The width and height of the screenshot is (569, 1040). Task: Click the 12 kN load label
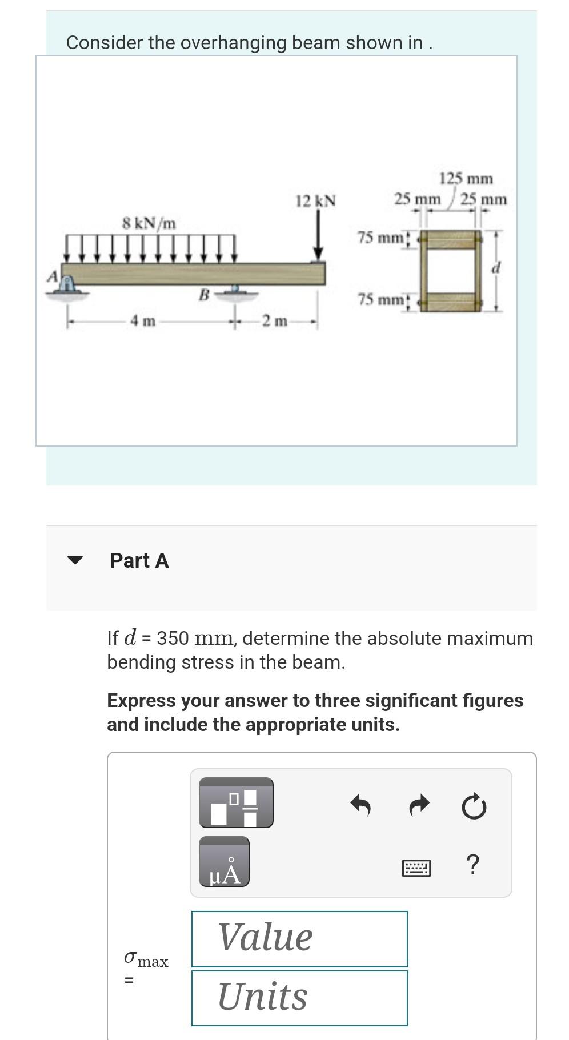[315, 201]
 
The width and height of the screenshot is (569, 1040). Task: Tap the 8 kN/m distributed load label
[149, 223]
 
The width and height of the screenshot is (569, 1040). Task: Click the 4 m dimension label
[143, 322]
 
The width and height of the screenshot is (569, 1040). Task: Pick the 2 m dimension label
[275, 322]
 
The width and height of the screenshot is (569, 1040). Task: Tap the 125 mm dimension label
[466, 179]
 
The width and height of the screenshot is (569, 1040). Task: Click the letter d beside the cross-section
[496, 267]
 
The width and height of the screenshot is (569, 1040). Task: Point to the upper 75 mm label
[380, 237]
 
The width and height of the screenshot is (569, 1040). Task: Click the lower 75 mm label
[380, 299]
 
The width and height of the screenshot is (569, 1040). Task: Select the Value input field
[299, 938]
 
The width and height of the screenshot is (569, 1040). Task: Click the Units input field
[299, 998]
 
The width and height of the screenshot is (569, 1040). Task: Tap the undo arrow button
[360, 805]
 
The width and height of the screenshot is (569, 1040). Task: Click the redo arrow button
[419, 805]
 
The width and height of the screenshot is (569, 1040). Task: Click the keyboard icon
[416, 868]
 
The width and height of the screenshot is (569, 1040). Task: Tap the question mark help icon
[472, 865]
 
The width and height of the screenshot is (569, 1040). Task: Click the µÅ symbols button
[224, 862]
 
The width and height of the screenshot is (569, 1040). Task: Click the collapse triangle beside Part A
[75, 560]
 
